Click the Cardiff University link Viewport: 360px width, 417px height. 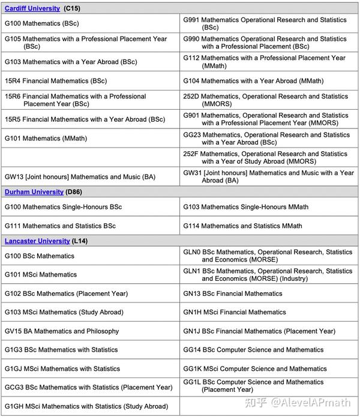click(32, 8)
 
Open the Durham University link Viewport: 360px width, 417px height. click(34, 192)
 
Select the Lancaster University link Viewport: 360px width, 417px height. click(37, 241)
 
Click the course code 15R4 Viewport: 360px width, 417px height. click(13, 81)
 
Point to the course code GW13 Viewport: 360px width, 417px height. click(14, 177)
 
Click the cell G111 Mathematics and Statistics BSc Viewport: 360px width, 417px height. click(60, 226)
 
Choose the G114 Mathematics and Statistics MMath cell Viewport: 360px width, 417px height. click(242, 226)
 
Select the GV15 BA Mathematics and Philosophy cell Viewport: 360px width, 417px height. click(62, 331)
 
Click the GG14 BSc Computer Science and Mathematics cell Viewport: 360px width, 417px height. click(253, 350)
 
